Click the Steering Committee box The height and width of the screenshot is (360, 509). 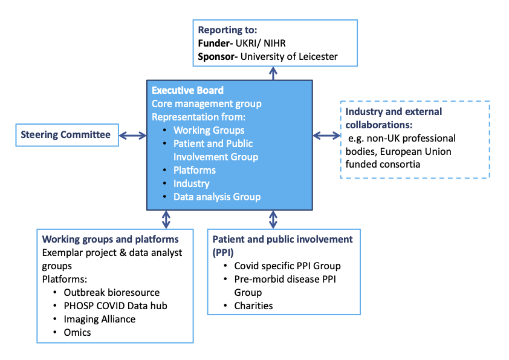(x=66, y=135)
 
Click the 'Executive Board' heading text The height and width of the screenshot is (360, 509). (x=187, y=91)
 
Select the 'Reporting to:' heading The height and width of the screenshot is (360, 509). (x=227, y=30)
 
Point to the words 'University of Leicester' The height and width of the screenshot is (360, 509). (x=290, y=57)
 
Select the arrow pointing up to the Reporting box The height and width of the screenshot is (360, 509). (x=274, y=73)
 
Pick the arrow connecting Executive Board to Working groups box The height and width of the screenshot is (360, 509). (x=166, y=218)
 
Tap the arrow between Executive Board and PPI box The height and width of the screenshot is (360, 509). (x=273, y=218)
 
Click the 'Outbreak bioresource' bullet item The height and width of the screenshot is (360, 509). (x=112, y=293)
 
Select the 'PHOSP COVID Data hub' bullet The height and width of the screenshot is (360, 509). (x=115, y=306)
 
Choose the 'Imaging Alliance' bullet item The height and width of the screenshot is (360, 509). (x=100, y=319)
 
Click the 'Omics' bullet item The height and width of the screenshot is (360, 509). (x=77, y=332)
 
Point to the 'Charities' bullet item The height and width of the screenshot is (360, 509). (x=253, y=306)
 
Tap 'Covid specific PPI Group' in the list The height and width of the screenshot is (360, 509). (x=287, y=266)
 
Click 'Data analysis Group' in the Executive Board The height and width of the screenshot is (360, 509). (x=217, y=197)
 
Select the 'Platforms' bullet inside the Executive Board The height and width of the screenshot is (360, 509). (x=195, y=170)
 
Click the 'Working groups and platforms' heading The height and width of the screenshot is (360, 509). (x=111, y=239)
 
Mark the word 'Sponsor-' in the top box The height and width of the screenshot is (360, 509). (x=218, y=57)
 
